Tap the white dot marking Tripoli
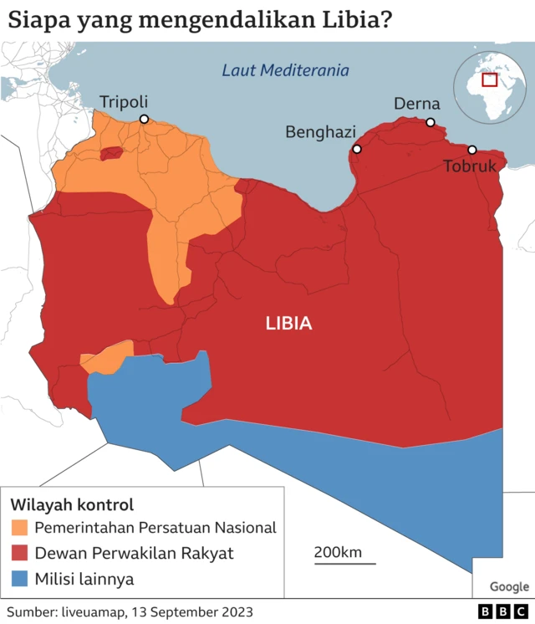[x=144, y=120]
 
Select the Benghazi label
[x=320, y=131]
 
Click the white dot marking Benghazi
[x=357, y=149]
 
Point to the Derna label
[x=416, y=104]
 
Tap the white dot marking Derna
[x=431, y=123]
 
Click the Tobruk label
[x=469, y=166]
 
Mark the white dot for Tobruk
[x=471, y=150]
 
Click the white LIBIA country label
[x=288, y=323]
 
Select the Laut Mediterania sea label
[x=285, y=70]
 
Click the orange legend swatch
[x=19, y=527]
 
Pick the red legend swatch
[x=19, y=553]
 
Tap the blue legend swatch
[x=19, y=579]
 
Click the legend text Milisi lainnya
[x=84, y=579]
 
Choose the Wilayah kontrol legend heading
[x=72, y=504]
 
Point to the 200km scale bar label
[x=338, y=552]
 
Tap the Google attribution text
[x=509, y=586]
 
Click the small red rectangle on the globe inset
[x=489, y=79]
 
